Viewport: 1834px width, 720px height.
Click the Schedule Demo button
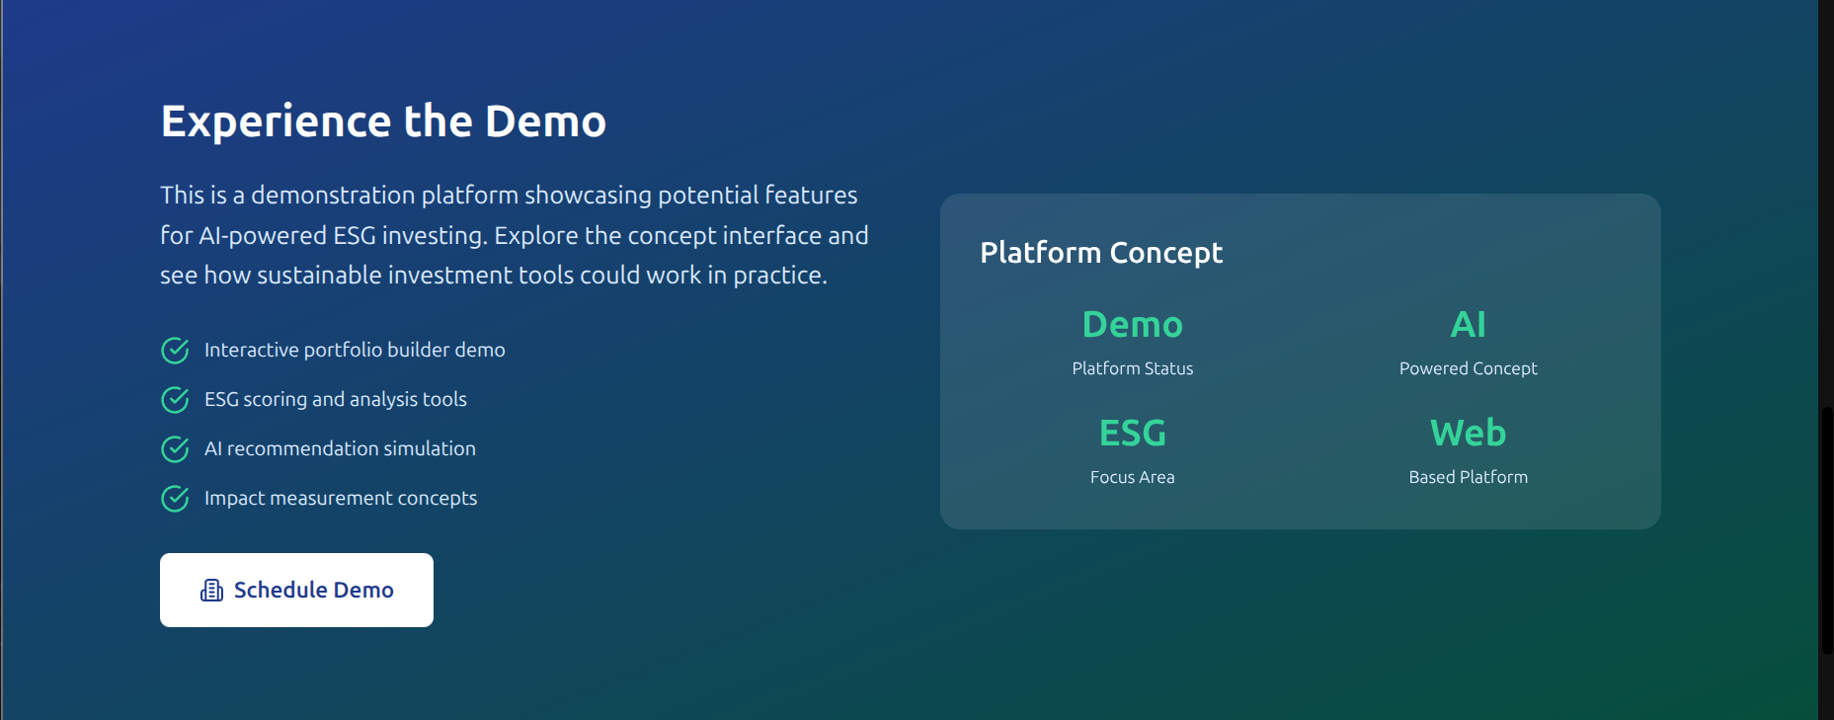pyautogui.click(x=296, y=590)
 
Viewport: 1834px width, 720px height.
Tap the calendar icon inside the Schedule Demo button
pyautogui.click(x=211, y=591)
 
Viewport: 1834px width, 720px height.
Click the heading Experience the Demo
pyautogui.click(x=383, y=121)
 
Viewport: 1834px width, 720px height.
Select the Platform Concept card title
pyautogui.click(x=1101, y=253)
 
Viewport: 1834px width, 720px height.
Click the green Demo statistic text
pyautogui.click(x=1133, y=324)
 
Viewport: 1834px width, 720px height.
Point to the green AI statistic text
pyautogui.click(x=1468, y=324)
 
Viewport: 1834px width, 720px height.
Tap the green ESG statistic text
pyautogui.click(x=1133, y=433)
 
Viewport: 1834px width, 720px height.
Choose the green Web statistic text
pyautogui.click(x=1468, y=433)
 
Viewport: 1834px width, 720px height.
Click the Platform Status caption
pyautogui.click(x=1133, y=368)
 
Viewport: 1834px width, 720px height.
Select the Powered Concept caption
pyautogui.click(x=1468, y=368)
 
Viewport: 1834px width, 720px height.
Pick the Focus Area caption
pyautogui.click(x=1133, y=477)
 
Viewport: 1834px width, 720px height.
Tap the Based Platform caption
pyautogui.click(x=1468, y=477)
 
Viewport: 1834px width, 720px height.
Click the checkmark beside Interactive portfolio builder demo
pyautogui.click(x=175, y=351)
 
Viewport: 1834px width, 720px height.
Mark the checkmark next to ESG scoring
pyautogui.click(x=175, y=400)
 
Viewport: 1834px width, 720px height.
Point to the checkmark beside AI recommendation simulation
pyautogui.click(x=175, y=449)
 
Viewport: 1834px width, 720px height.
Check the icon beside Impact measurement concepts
pyautogui.click(x=175, y=499)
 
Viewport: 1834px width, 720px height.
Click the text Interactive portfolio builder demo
pyautogui.click(x=355, y=350)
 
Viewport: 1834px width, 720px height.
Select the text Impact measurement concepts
pyautogui.click(x=341, y=498)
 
